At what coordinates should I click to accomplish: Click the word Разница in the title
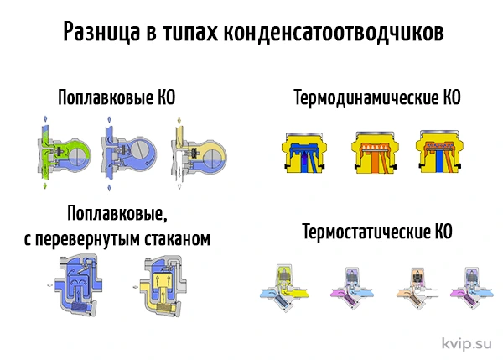point(101,32)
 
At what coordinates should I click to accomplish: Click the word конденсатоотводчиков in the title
point(334,32)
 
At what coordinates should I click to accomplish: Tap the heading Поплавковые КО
point(117,97)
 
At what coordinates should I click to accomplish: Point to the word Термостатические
point(366,232)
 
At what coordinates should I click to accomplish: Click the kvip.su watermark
point(467,343)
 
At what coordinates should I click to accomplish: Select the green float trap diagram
point(64,154)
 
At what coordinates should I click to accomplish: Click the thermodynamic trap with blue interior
point(304,152)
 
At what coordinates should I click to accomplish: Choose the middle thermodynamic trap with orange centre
point(375,152)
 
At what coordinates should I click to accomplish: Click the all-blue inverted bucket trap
point(79,284)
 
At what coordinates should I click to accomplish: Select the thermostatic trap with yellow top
point(284,289)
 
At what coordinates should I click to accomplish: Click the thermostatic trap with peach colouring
point(417,288)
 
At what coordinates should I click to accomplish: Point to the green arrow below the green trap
point(45,185)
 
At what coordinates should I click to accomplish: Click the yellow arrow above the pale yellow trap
point(179,121)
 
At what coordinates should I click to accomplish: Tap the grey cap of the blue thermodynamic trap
point(304,133)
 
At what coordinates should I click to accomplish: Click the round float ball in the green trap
point(79,156)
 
